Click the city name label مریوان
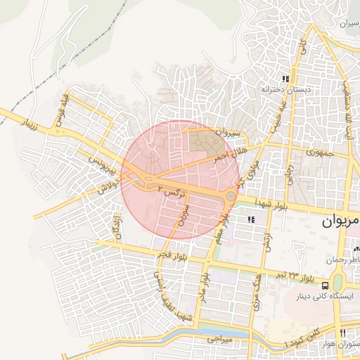tap(340, 222)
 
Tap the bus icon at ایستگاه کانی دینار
tap(325, 285)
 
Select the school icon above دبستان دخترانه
tap(285, 79)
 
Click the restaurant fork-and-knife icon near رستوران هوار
tap(342, 333)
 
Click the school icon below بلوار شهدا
tap(251, 220)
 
